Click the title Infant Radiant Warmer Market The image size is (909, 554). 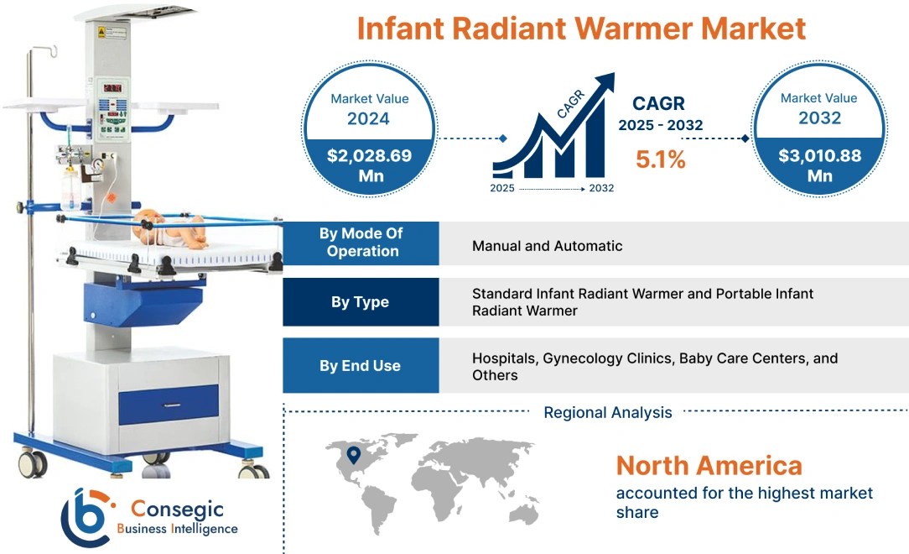coord(581,28)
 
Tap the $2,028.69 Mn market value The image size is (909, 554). coord(369,165)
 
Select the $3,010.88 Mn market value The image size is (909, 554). coord(818,165)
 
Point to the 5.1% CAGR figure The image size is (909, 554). coord(660,159)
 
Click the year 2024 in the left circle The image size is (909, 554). coord(369,118)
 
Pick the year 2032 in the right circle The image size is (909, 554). coord(818,118)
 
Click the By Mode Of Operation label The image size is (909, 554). coord(361,243)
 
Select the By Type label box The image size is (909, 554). coord(361,302)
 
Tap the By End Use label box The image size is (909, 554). coord(361,366)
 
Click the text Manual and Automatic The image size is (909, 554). coord(547,246)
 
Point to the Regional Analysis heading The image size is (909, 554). coord(607,412)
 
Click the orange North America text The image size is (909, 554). coord(709,465)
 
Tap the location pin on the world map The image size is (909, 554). coord(353,456)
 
